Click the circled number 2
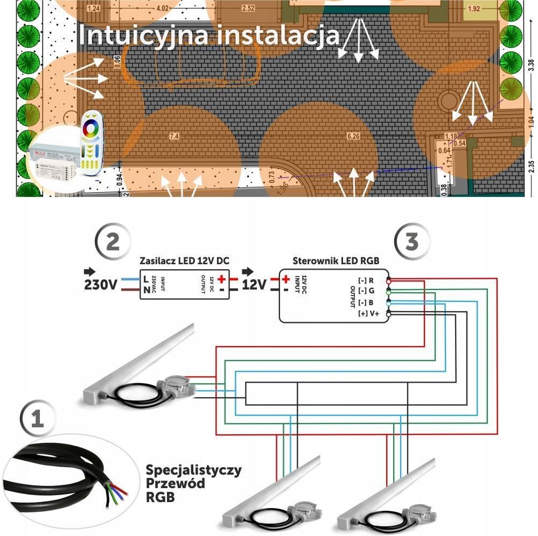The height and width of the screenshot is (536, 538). point(112,242)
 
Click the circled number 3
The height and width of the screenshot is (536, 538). point(411,242)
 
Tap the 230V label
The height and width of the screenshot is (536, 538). point(101,284)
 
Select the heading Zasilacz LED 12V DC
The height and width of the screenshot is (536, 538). point(184,260)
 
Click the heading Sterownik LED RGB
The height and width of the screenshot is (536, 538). point(336,260)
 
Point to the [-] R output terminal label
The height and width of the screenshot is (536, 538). point(366,281)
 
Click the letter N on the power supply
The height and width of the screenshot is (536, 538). point(146,290)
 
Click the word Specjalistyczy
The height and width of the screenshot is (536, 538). point(193,470)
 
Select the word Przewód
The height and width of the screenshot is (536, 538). point(175,483)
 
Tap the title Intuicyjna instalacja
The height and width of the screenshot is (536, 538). point(209,36)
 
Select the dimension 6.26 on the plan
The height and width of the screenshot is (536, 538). point(353,137)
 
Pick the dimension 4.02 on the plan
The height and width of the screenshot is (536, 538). point(162,8)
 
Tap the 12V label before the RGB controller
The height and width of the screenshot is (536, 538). point(254,284)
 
